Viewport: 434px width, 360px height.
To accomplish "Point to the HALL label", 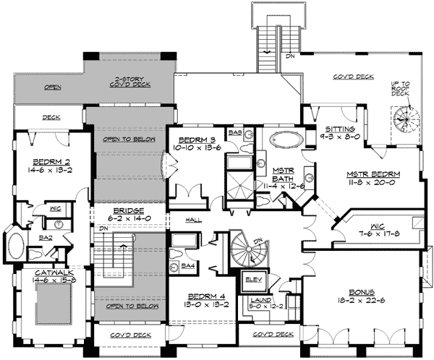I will (192, 220).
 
